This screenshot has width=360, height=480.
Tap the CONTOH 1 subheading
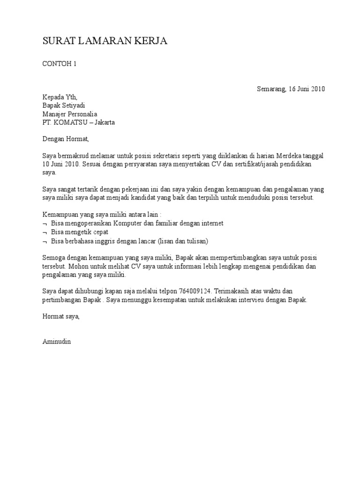coord(59,64)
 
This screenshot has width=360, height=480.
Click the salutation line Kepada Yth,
coord(60,97)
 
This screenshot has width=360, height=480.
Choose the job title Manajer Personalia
coord(70,114)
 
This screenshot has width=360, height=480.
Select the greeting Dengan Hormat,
coord(65,139)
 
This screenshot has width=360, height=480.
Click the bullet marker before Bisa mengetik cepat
coord(45,232)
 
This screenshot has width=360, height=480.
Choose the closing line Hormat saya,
coord(61,316)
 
